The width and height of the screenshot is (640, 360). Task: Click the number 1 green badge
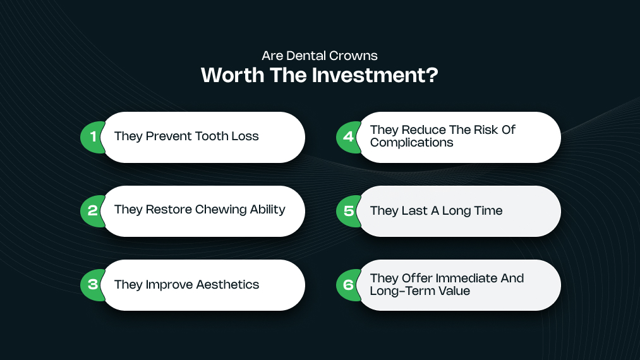click(x=92, y=137)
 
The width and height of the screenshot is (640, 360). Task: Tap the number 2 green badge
click(x=92, y=210)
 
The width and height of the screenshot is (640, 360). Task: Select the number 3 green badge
click(x=92, y=284)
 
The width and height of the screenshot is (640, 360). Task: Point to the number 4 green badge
click(x=348, y=137)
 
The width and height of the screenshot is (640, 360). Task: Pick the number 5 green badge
click(x=348, y=210)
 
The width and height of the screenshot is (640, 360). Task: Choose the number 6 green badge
click(x=348, y=284)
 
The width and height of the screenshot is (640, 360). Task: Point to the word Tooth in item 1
click(x=212, y=136)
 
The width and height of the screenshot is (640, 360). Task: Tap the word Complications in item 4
click(x=412, y=143)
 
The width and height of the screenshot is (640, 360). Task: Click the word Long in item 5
click(x=457, y=211)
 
